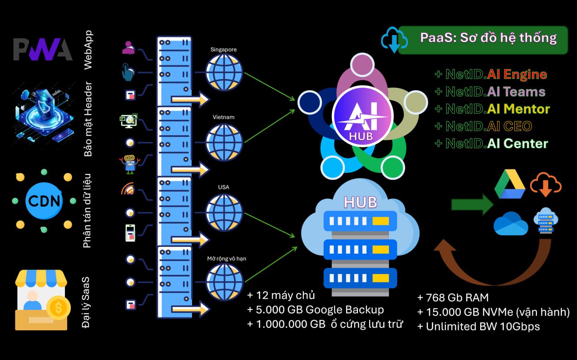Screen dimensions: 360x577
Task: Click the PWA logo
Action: [x=42, y=50]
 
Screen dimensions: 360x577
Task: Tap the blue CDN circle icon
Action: [x=44, y=200]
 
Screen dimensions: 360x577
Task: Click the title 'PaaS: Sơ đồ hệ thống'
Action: [x=488, y=37]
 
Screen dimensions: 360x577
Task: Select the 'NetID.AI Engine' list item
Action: [x=490, y=74]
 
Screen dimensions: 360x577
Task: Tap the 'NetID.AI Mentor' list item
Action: [x=492, y=109]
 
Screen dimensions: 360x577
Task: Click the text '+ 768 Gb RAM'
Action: [x=453, y=297]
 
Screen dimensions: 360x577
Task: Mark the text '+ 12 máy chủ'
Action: [x=281, y=296]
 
